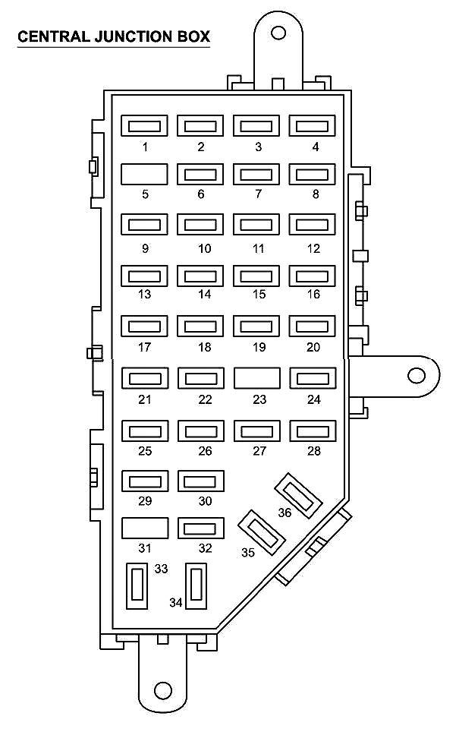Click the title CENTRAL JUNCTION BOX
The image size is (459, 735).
coord(114,36)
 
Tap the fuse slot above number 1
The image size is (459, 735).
coord(145,126)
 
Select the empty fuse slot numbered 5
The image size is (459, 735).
coord(145,175)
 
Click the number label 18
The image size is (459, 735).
coord(201,348)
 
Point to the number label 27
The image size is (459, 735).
coord(258,451)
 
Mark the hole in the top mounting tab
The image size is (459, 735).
coord(278,33)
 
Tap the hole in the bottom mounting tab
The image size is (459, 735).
coord(162,690)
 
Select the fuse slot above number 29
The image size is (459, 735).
coord(145,481)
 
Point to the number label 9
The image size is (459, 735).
coord(145,248)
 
